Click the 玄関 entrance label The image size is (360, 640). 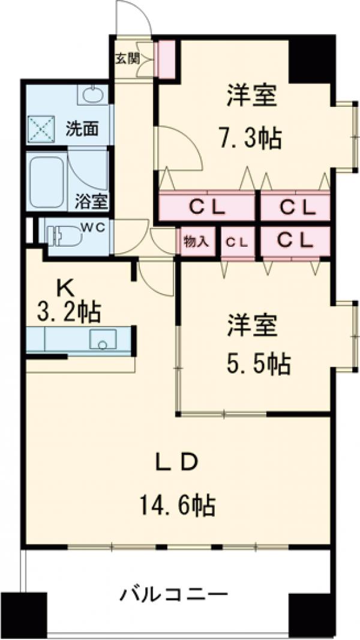(127, 59)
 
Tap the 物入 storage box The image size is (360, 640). (196, 242)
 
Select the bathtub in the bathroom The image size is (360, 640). (47, 182)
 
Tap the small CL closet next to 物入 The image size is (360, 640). (237, 242)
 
